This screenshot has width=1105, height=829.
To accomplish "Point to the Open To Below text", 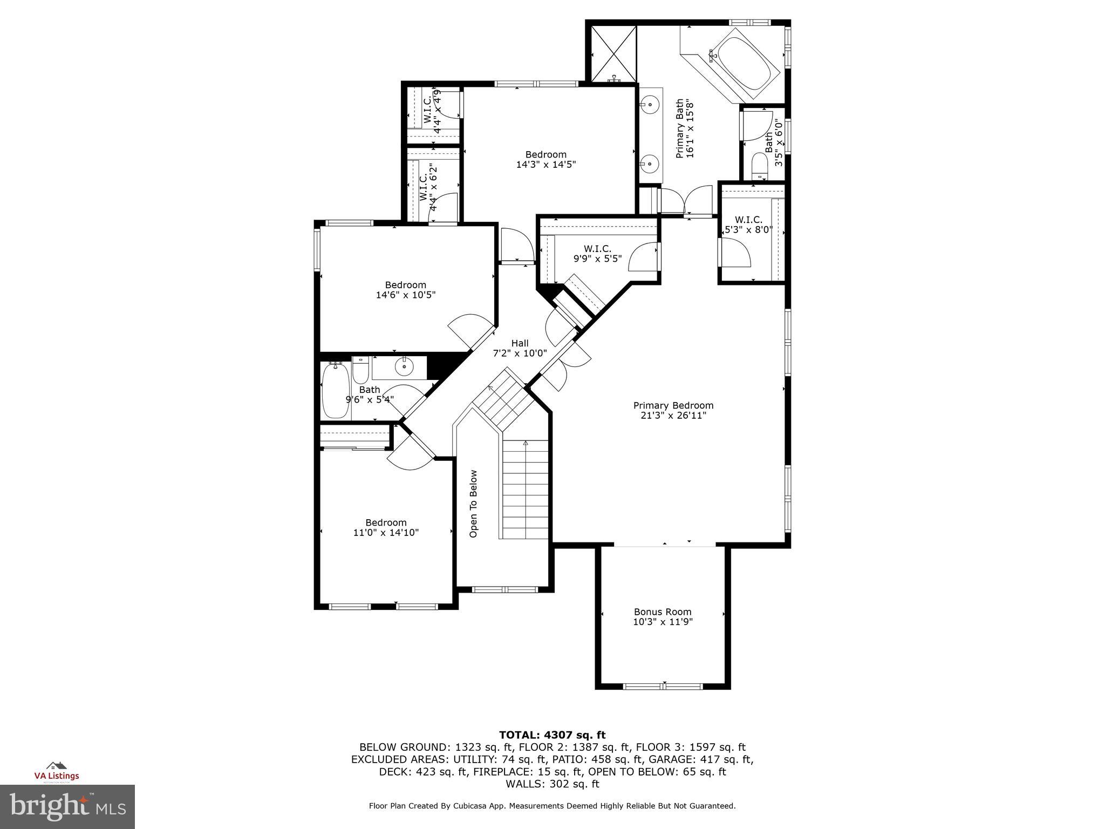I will (x=473, y=504).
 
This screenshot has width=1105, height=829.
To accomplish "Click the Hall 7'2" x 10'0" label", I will (x=520, y=348).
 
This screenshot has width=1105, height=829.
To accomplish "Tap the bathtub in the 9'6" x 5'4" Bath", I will (x=335, y=391).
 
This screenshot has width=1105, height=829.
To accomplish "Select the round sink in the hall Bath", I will (x=404, y=368).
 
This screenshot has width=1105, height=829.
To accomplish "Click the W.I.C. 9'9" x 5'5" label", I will (x=597, y=254).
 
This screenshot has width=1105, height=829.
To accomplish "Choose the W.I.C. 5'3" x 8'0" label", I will (x=748, y=225).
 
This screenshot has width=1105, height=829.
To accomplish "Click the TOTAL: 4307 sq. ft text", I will (x=552, y=735).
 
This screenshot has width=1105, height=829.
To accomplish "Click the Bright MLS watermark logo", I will (x=67, y=807).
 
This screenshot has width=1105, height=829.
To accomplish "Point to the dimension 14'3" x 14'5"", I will (x=546, y=165).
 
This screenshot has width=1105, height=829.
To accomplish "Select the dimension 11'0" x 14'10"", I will (x=386, y=533).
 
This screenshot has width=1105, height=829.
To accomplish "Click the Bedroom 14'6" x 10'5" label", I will (x=405, y=290).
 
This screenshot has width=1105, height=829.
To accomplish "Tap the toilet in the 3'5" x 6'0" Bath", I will (x=760, y=165).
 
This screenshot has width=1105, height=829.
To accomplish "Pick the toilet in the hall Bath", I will (x=360, y=369).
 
